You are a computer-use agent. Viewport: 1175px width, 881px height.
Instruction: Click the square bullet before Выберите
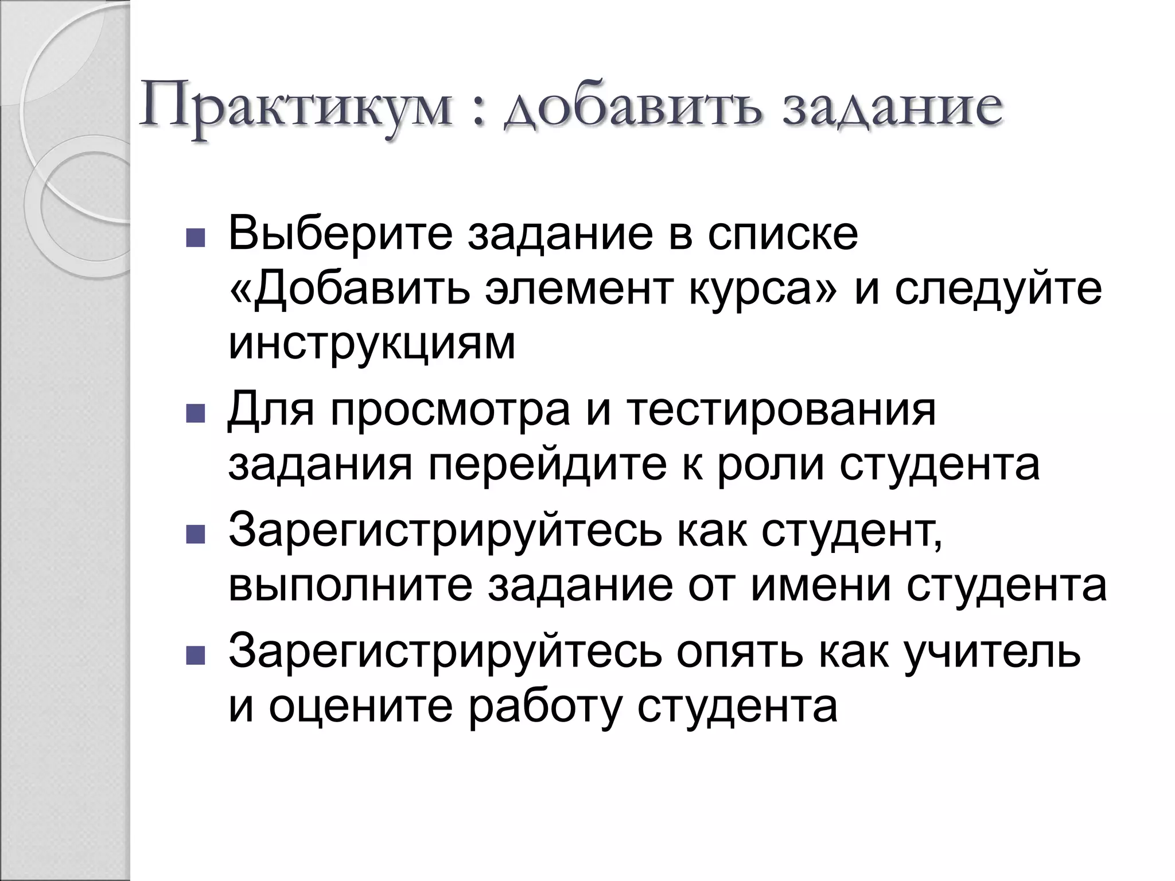coord(196,237)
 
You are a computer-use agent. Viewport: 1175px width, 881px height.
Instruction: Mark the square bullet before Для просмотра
coord(196,414)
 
